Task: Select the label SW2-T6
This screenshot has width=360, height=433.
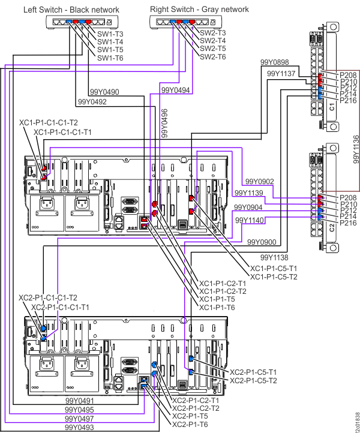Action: pos(213,56)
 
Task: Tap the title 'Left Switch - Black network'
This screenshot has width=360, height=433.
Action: pos(71,10)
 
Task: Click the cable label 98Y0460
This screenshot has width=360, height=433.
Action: pos(105,92)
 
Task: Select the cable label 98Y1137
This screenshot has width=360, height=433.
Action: pos(280,73)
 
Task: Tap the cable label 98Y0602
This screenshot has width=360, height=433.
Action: pos(260,181)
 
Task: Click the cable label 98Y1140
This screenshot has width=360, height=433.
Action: pos(250,221)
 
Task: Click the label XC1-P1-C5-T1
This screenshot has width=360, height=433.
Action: pos(274,268)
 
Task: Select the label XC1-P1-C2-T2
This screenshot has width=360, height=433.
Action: pos(222,291)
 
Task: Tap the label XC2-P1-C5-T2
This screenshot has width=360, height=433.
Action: pos(254,380)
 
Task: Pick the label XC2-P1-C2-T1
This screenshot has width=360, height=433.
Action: pos(196,399)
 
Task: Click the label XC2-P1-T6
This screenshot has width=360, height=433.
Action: pos(191,425)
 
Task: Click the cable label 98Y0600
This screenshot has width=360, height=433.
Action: pos(262,242)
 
